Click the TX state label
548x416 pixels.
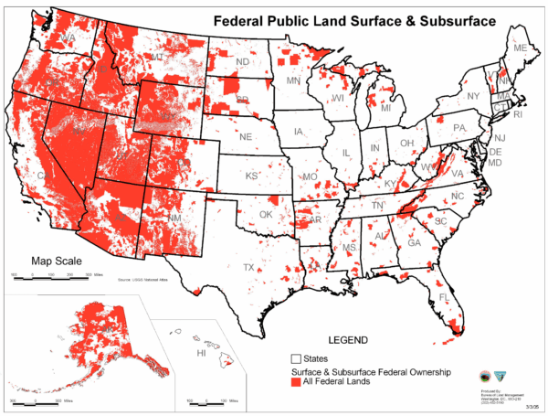pos(248,267)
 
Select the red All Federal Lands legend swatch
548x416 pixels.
pos(296,385)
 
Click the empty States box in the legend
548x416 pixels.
pos(296,358)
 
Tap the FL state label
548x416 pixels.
pos(443,298)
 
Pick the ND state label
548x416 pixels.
pos(243,62)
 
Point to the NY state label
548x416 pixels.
pos(472,96)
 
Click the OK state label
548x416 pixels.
pos(266,216)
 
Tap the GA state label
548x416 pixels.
pos(414,243)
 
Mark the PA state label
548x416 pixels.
pos(459,127)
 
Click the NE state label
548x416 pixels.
pos(246,136)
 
